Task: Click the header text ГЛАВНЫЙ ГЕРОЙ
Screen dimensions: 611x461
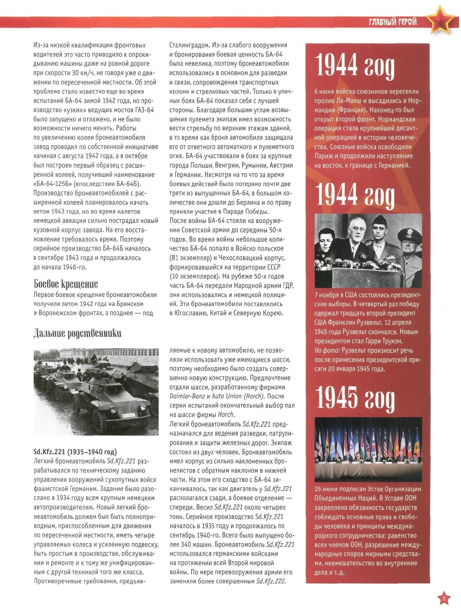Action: tap(392, 22)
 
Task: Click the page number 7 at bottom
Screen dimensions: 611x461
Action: tap(443, 598)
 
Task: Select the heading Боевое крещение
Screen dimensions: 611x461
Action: tap(65, 284)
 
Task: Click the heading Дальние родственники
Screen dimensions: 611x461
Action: tap(77, 333)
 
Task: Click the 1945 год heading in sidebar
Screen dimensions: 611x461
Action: tap(355, 397)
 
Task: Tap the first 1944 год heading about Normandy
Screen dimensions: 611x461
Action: tap(355, 67)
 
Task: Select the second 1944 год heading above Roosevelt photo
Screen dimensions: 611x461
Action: tap(355, 194)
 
